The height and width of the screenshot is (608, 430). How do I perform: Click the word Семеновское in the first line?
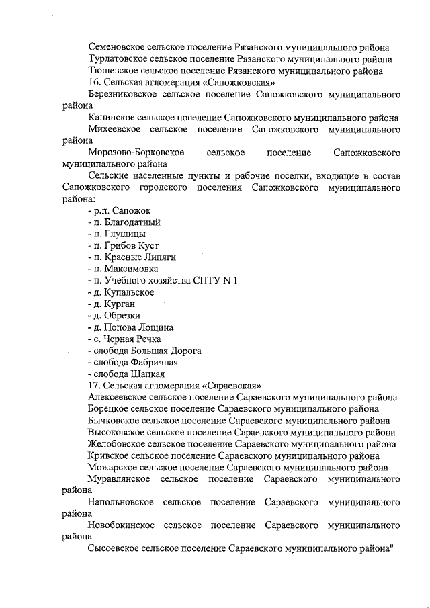[116, 47]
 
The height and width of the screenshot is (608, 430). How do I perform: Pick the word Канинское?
[110, 118]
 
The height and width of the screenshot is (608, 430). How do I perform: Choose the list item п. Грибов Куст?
[116, 246]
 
